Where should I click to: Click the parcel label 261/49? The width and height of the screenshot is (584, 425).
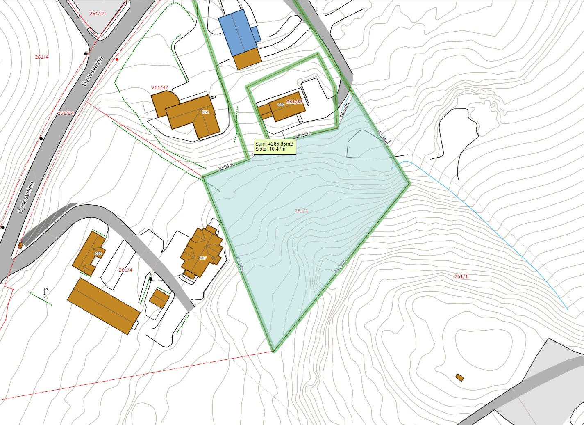pos(98,14)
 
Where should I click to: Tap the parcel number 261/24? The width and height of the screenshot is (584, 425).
pos(66,113)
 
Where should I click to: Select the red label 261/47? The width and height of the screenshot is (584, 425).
pos(160,87)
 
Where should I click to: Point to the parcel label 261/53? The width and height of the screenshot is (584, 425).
pos(294,102)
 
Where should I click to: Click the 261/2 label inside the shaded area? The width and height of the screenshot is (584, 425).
pos(301,211)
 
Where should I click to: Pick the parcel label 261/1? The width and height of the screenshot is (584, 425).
pos(461,276)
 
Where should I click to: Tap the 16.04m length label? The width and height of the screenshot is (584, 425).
pos(344,110)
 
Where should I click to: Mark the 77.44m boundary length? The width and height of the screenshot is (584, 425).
pos(239,264)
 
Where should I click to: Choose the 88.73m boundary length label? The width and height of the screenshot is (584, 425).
pos(340,267)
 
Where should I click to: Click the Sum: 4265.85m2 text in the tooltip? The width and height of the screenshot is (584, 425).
pos(274,144)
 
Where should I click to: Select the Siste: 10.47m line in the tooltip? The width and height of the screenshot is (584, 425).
pos(270,149)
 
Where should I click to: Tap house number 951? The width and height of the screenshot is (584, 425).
pos(205,112)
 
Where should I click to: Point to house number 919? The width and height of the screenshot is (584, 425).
pos(281,105)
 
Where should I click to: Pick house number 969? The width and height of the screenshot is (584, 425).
pos(98,254)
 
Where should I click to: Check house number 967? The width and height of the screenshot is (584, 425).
pos(203,258)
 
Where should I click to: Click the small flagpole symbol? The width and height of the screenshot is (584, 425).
pos(45,292)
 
